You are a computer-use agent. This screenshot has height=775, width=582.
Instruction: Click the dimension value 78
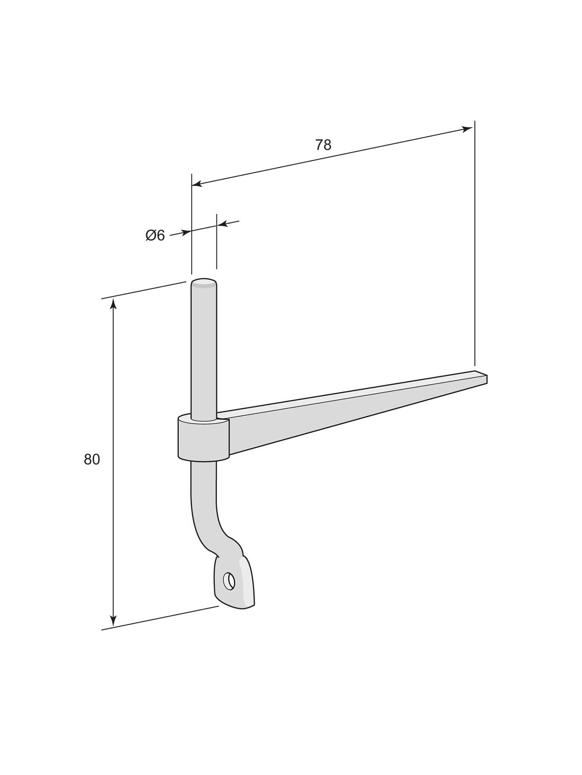323,145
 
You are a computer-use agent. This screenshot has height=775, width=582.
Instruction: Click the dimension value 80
92,460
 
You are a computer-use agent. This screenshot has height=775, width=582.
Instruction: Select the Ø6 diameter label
155,236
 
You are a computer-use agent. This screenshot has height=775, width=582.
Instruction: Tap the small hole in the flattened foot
229,581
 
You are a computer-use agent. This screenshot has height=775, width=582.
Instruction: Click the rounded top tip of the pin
204,282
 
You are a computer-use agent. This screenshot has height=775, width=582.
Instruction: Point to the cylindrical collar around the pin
203,439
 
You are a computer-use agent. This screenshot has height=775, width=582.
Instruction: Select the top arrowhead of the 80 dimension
113,303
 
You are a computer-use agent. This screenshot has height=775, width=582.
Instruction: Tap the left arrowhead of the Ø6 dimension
186,232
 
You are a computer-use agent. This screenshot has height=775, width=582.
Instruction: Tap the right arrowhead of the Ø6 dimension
222,224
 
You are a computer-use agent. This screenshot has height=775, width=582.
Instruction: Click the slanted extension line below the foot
159,618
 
